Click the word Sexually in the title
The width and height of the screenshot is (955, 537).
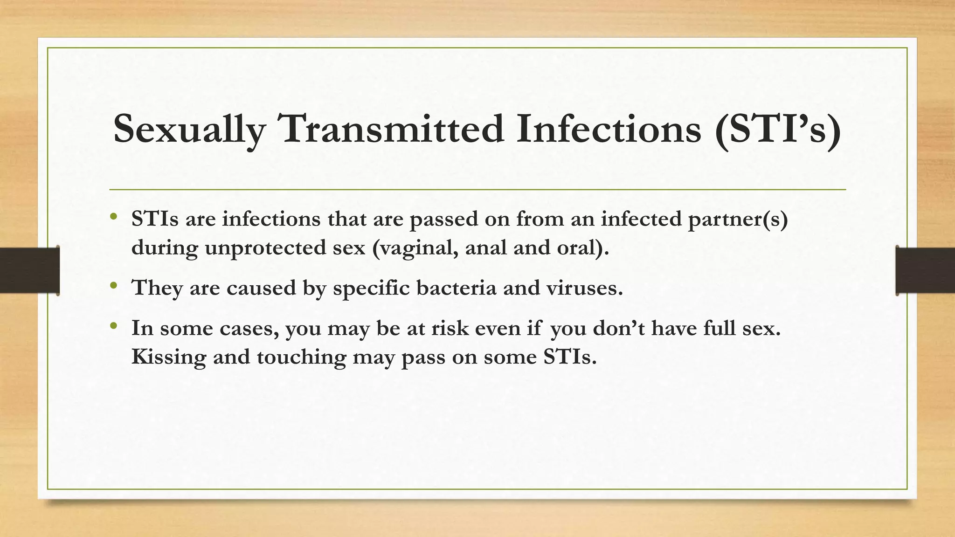189,129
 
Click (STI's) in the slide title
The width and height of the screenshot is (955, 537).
778,129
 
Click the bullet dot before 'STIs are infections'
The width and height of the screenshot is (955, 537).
113,217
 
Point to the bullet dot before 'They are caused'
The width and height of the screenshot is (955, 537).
113,285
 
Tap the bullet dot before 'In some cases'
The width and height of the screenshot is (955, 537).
113,326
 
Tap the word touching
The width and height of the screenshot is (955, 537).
301,357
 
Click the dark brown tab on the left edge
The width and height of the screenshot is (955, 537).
29,270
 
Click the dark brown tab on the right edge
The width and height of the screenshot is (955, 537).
925,270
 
